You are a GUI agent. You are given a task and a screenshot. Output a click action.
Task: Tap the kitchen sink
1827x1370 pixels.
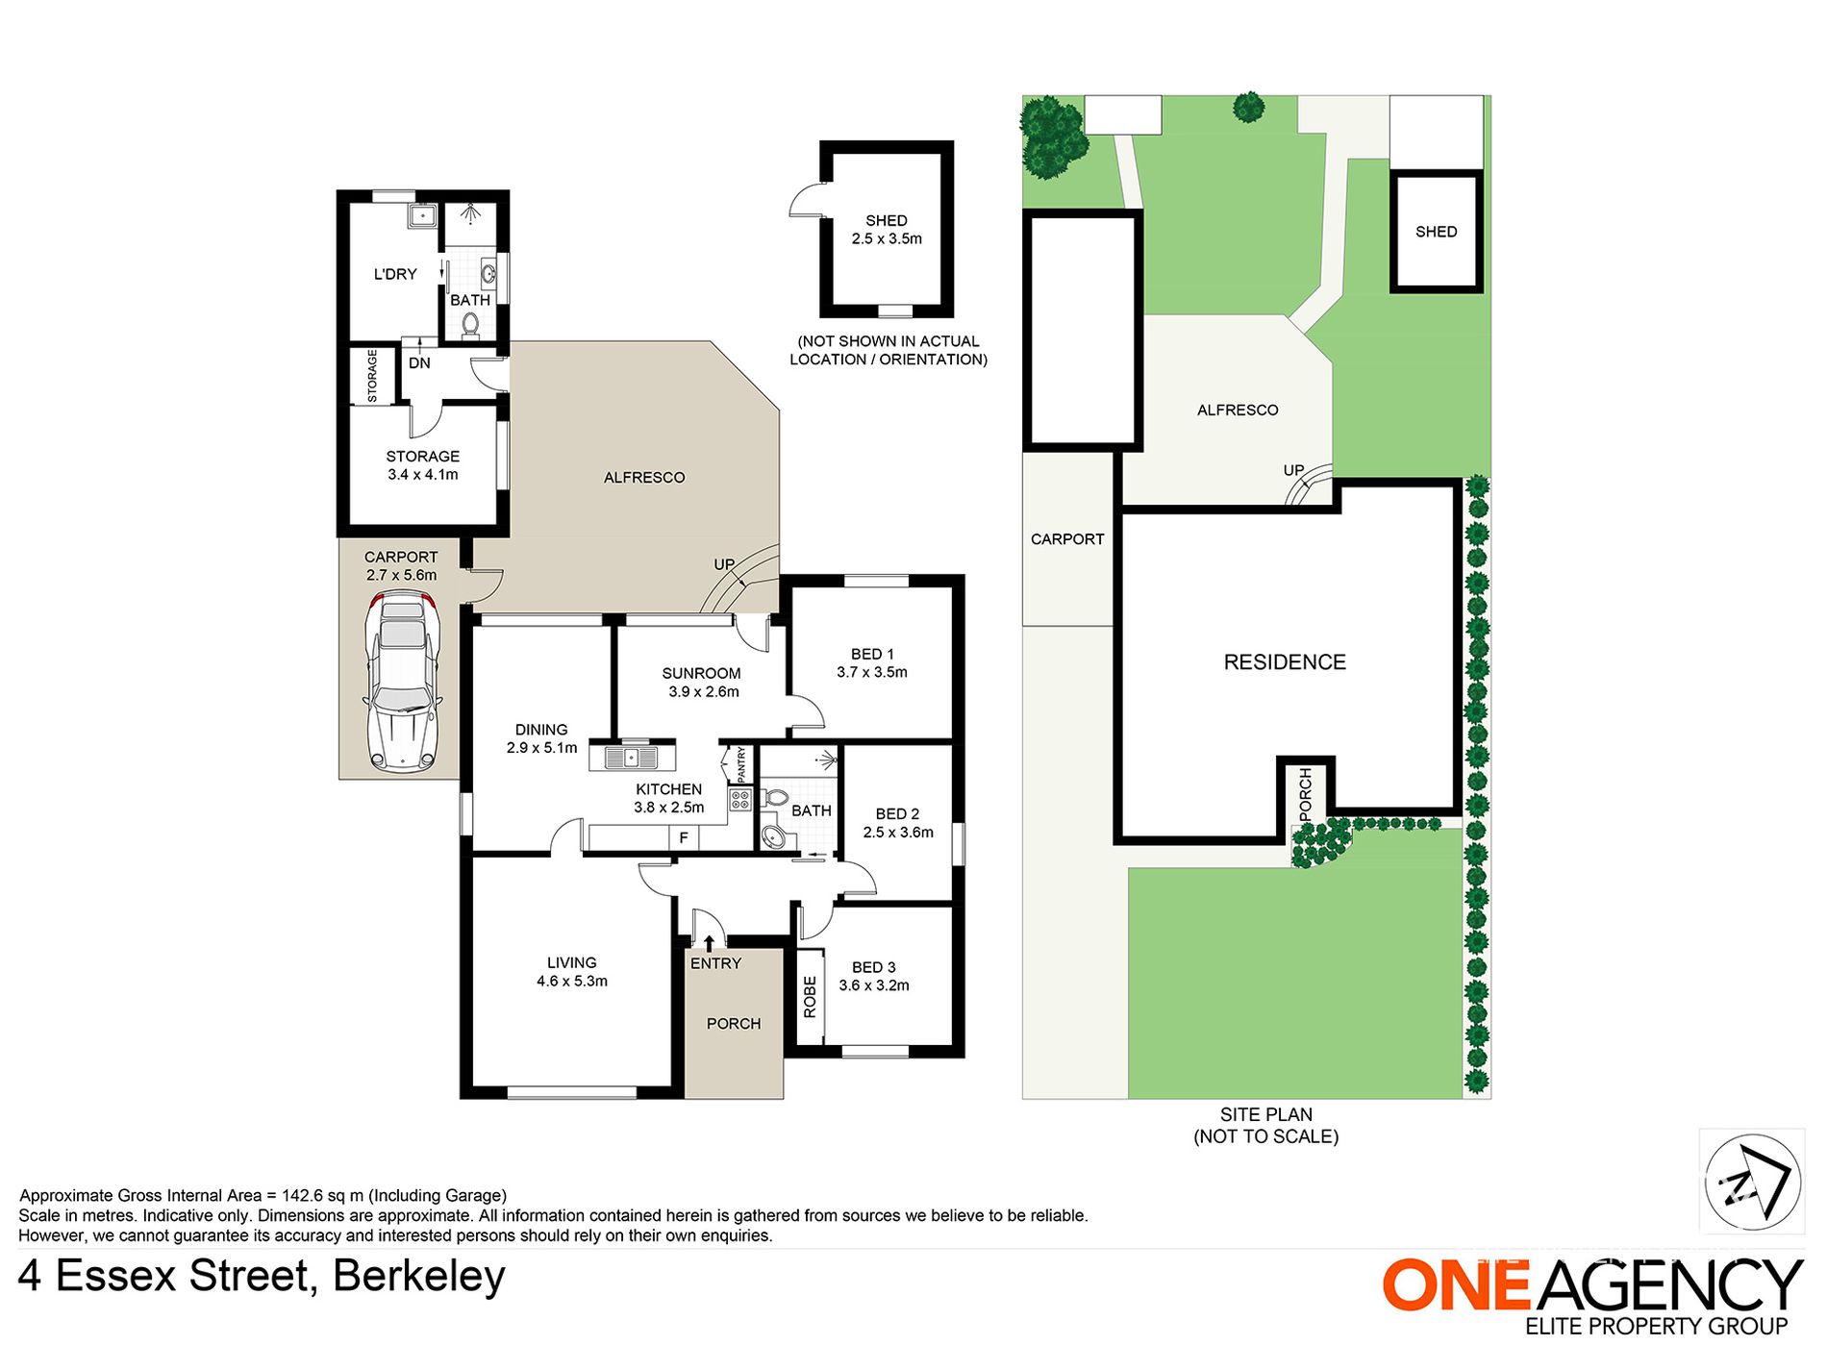(632, 758)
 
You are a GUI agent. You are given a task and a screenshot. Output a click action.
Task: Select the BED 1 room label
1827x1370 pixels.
(872, 663)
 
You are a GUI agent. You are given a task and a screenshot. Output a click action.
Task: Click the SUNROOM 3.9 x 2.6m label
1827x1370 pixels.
(702, 683)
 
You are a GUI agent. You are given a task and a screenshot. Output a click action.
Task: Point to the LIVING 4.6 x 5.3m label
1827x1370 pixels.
(572, 972)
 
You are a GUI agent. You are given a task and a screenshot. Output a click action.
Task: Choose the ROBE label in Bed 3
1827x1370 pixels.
(810, 997)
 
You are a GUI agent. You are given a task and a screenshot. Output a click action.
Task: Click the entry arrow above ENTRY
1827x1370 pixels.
(709, 943)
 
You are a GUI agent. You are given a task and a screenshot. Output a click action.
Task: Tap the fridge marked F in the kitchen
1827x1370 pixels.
(684, 838)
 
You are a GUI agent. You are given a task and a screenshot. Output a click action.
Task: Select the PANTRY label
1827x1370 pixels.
(741, 765)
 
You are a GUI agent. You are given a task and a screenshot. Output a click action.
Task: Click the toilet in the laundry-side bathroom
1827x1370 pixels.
(470, 325)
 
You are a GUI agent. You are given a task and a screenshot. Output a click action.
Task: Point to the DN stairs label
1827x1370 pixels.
(419, 363)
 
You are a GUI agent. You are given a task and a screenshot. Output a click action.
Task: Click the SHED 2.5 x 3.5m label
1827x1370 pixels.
(887, 230)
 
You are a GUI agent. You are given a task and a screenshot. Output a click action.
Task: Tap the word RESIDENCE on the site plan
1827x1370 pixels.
(1285, 662)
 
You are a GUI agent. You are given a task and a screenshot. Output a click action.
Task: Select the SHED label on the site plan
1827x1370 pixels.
(1436, 232)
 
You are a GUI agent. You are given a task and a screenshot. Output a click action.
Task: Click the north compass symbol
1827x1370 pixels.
(1752, 1182)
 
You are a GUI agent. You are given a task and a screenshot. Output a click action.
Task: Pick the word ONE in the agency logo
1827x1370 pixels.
(1456, 1284)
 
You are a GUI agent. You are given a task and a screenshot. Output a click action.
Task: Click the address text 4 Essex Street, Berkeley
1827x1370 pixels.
(262, 1277)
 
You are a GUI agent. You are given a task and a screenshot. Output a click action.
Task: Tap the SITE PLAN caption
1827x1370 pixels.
(1265, 1114)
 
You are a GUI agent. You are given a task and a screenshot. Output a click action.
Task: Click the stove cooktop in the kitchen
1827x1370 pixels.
(739, 800)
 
